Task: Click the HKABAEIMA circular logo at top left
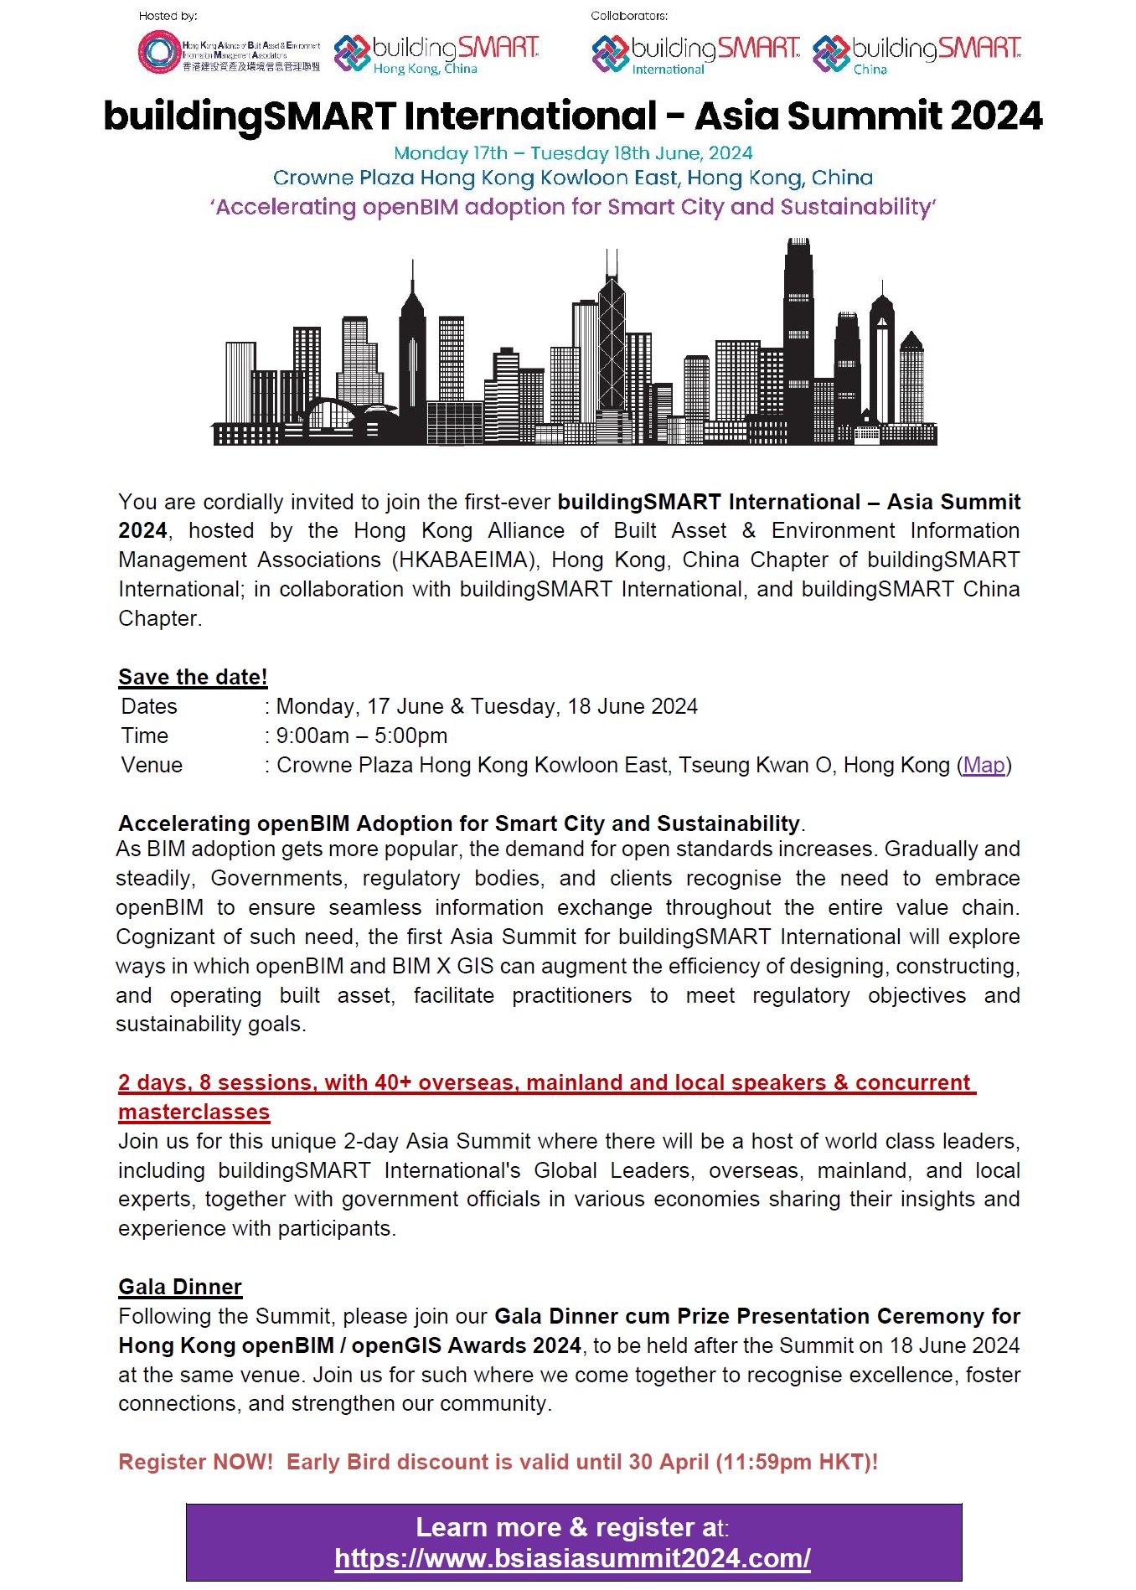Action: (159, 52)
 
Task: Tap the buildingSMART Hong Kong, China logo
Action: (436, 54)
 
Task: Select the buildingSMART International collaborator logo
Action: (695, 54)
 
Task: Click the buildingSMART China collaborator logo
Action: (917, 54)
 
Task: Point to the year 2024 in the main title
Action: (996, 116)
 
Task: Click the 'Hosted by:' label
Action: (168, 16)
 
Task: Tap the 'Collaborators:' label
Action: (629, 16)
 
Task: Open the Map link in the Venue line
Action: (984, 765)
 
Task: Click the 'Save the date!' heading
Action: (193, 677)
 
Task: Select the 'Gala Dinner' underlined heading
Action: (180, 1287)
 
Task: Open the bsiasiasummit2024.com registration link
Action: (572, 1558)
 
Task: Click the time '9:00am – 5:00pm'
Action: (362, 736)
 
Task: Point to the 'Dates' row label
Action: (149, 706)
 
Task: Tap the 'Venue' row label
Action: (152, 765)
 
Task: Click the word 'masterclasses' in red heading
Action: (194, 1112)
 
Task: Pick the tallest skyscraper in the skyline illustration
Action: (798, 335)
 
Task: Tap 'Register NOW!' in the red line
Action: (195, 1462)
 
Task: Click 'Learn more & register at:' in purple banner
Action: (572, 1527)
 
